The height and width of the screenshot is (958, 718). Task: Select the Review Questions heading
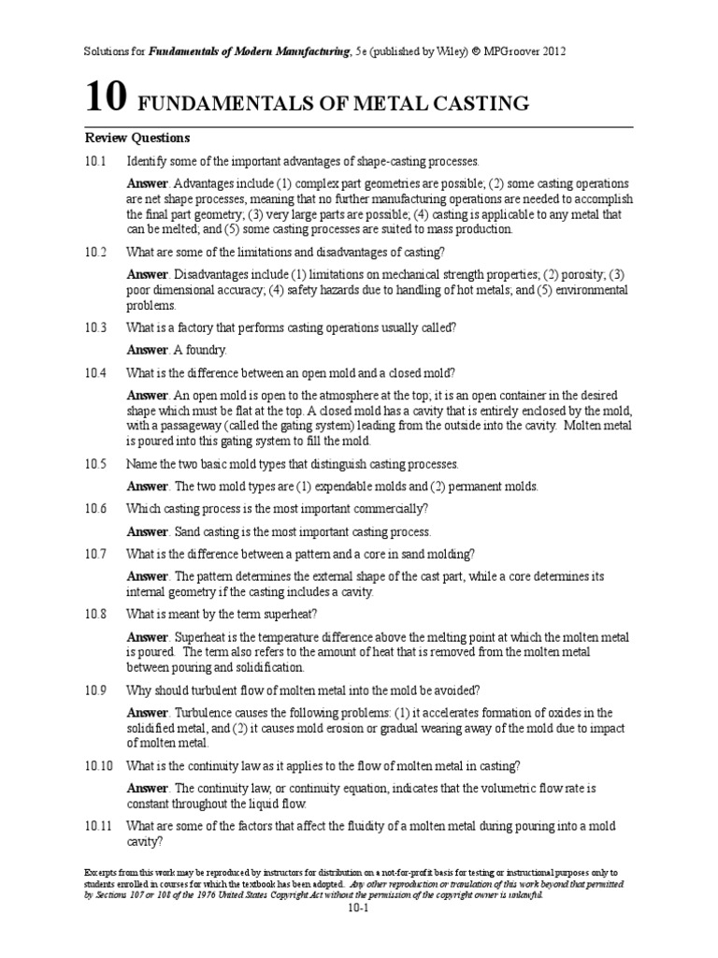click(137, 138)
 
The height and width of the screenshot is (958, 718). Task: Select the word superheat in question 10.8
click(290, 614)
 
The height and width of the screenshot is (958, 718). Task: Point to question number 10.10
click(99, 765)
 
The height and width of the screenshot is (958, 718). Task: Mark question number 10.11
click(99, 825)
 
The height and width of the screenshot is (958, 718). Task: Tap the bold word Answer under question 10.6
click(148, 531)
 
